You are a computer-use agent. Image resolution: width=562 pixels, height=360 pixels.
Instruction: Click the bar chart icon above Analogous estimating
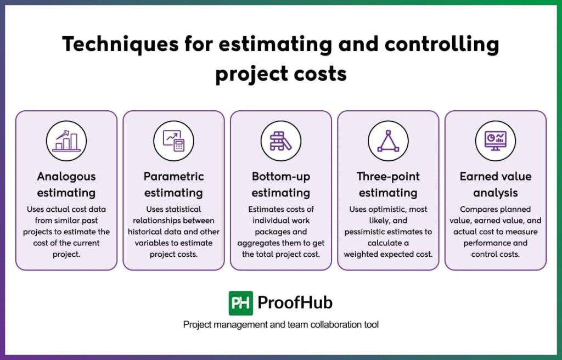pyautogui.click(x=66, y=140)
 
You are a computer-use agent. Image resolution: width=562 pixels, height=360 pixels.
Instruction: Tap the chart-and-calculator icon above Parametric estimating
pyautogui.click(x=173, y=140)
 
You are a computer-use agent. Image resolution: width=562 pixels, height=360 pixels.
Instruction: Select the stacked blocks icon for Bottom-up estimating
pyautogui.click(x=280, y=141)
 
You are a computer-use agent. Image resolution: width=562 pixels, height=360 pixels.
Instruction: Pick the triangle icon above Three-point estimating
pyautogui.click(x=388, y=141)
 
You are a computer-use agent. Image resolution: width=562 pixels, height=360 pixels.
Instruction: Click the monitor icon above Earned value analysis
pyautogui.click(x=496, y=141)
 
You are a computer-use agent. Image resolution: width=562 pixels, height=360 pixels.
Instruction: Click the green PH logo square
pyautogui.click(x=241, y=303)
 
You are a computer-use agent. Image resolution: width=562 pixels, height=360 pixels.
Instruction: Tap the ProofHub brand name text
pyautogui.click(x=295, y=302)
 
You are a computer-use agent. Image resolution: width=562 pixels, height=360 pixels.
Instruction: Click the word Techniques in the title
pyautogui.click(x=120, y=45)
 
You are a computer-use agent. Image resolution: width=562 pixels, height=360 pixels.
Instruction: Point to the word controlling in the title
pyautogui.click(x=442, y=45)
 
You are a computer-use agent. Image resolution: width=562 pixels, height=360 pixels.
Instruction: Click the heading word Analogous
pyautogui.click(x=66, y=176)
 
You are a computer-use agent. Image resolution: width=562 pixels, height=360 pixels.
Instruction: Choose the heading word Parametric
pyautogui.click(x=174, y=176)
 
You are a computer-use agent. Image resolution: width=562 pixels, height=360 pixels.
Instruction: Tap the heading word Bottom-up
pyautogui.click(x=281, y=177)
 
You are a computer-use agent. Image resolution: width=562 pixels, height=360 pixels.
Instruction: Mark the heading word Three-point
pyautogui.click(x=388, y=177)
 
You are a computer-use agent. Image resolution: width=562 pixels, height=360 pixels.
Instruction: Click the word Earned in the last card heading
pyautogui.click(x=476, y=176)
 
